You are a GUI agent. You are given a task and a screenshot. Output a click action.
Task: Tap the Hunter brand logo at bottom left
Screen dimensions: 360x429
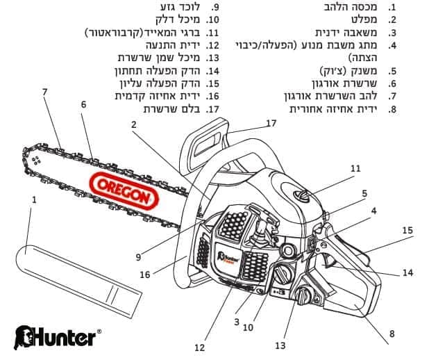click(56, 338)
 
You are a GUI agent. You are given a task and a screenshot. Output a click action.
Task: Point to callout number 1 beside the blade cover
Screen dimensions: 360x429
click(33, 199)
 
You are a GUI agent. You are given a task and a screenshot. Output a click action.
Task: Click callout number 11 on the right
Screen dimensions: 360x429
click(355, 168)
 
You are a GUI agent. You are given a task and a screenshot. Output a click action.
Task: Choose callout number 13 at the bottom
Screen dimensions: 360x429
click(280, 345)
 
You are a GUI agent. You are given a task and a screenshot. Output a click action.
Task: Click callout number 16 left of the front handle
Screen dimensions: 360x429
click(144, 275)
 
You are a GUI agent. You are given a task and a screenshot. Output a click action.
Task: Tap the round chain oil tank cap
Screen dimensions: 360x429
click(303, 297)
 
